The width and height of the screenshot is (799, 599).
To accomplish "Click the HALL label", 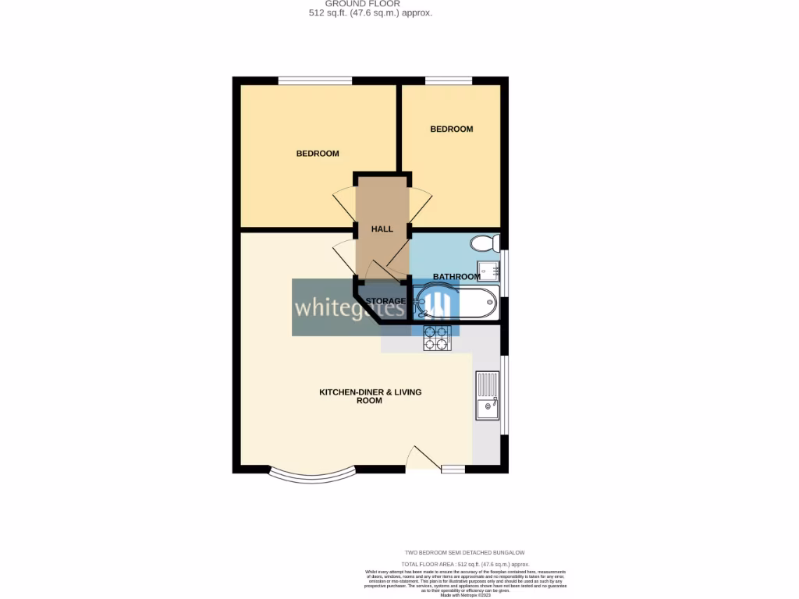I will (382, 229).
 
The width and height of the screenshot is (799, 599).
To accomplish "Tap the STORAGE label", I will (385, 301).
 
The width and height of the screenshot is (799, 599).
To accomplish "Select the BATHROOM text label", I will (456, 277).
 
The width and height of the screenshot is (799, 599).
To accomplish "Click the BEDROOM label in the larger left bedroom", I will (318, 154).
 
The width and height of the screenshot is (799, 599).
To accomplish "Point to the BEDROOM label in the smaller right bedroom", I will (452, 129).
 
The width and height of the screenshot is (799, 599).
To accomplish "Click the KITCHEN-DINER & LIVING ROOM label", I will (370, 396).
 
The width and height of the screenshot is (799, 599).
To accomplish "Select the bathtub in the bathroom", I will (457, 303).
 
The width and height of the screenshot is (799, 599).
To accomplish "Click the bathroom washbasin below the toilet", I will (490, 271).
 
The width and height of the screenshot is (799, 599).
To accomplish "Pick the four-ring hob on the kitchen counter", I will (437, 338).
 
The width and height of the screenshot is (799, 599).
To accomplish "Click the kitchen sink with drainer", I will (488, 396).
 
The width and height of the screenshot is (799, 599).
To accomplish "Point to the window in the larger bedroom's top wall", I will (314, 80).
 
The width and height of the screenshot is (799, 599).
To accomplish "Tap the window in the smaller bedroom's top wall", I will (449, 80).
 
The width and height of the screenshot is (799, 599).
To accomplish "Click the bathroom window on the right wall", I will (505, 273).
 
